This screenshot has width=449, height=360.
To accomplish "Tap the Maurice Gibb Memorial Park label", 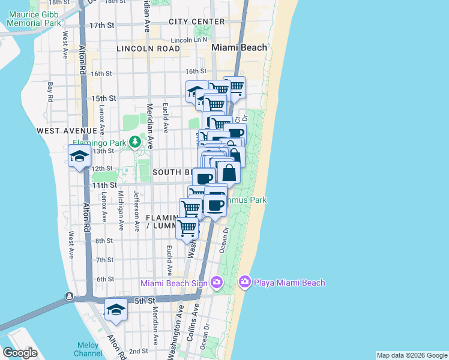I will (x=34, y=18).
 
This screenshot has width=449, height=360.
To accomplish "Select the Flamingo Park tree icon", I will (x=136, y=142).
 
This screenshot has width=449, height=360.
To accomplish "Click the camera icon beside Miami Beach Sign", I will (x=216, y=283).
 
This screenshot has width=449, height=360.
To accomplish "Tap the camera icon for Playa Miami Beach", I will (x=244, y=282).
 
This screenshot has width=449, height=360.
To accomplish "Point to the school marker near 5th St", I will (x=116, y=310).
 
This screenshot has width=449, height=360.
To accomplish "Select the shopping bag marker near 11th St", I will (x=229, y=173).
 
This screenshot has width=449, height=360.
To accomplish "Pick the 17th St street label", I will (x=101, y=26).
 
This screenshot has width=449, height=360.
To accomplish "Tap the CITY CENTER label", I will (x=196, y=22).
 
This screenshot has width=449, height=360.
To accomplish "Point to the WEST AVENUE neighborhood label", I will (x=66, y=130).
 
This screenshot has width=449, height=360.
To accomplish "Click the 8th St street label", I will (x=104, y=241).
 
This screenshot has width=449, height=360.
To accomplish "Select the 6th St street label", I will (x=105, y=279).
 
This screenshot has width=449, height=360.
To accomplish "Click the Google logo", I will (x=20, y=353).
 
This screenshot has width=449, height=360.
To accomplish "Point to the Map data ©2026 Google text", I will (x=411, y=355).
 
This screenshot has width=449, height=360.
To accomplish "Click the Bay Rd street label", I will (x=50, y=92).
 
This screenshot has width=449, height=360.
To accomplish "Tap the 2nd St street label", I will (x=138, y=351).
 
